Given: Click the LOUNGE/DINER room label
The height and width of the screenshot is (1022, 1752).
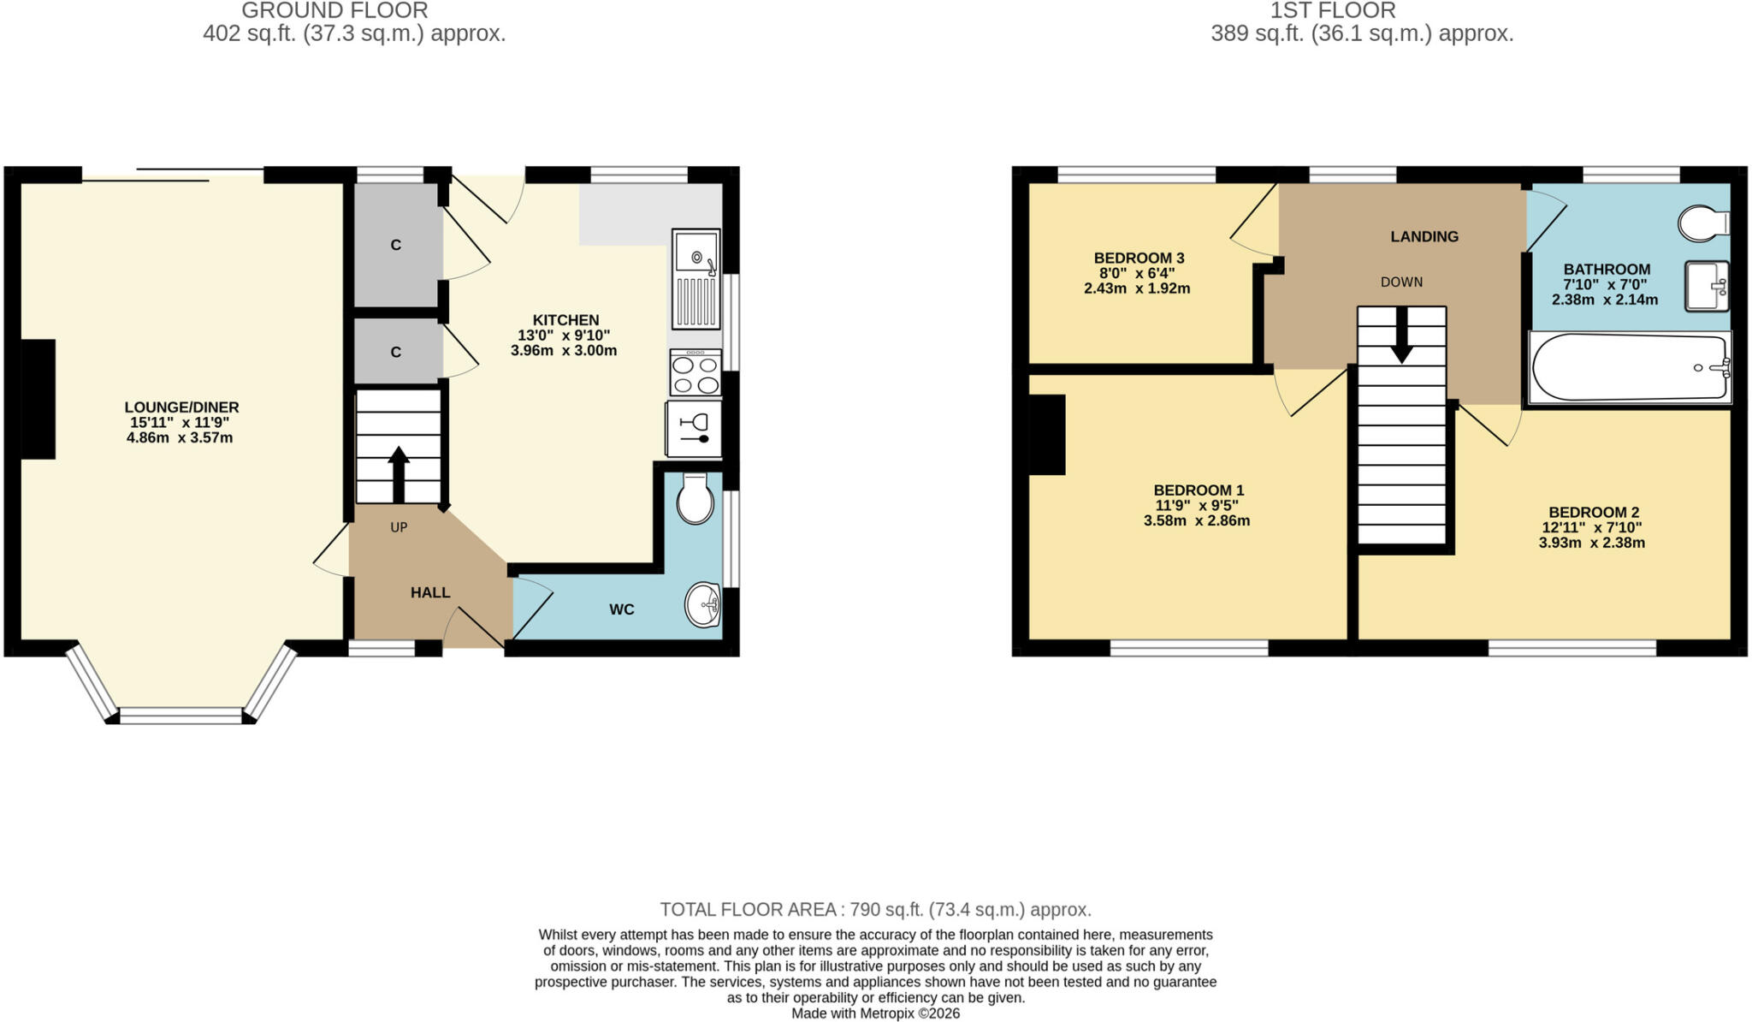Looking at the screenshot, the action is [181, 407].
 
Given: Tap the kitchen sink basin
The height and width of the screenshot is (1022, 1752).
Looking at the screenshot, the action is [696, 253].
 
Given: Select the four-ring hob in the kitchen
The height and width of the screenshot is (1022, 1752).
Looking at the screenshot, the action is [695, 373].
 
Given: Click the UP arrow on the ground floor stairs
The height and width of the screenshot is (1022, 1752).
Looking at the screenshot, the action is [399, 474].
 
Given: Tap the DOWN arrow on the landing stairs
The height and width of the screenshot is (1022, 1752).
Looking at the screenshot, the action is [1401, 335].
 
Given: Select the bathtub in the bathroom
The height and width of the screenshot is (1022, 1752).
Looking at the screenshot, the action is [1631, 368].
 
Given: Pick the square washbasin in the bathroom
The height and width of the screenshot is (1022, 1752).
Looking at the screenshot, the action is [1707, 286].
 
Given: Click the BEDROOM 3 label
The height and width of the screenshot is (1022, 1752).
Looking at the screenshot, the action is [1139, 258].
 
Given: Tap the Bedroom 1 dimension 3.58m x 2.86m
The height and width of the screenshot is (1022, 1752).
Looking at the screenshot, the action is [1197, 520].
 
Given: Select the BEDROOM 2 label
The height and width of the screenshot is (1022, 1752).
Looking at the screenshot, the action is [1594, 513].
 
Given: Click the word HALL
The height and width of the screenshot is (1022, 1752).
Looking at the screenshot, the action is [430, 592].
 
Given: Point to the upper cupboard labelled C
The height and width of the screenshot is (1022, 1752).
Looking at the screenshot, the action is [397, 245].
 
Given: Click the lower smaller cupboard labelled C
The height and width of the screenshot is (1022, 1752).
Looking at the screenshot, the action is [397, 352].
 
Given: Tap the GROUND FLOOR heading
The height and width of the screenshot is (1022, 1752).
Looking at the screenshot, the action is [334, 10].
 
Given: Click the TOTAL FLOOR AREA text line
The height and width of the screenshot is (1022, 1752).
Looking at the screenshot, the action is [875, 909].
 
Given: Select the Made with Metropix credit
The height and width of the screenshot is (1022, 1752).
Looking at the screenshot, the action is [875, 1013].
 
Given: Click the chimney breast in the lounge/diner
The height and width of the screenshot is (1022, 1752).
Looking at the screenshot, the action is [38, 399].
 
